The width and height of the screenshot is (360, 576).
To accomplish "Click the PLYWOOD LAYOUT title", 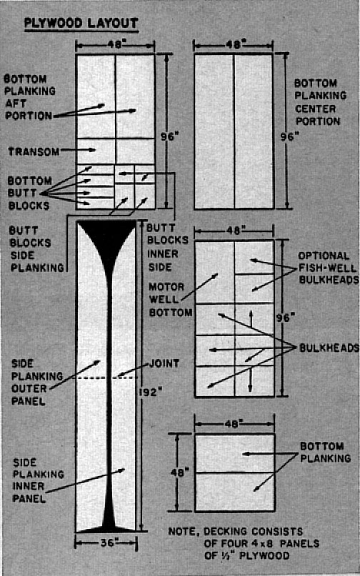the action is (81, 24).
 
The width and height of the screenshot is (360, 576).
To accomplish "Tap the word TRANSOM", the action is (34, 151).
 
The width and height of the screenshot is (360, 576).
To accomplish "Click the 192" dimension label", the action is (151, 393).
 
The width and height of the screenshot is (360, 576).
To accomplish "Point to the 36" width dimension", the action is (107, 542).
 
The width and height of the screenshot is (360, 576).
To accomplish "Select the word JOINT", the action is (164, 363).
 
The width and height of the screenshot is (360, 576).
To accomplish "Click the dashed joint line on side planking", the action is (106, 378).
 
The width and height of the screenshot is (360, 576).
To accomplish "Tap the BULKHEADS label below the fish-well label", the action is (329, 348).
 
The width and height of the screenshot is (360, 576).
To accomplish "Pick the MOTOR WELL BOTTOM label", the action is (170, 299).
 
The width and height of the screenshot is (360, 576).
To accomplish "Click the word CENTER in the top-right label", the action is (316, 108).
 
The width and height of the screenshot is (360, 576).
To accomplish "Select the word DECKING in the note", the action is (226, 532).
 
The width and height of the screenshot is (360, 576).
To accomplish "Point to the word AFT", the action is (16, 103).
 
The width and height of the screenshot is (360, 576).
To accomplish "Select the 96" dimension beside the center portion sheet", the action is (289, 136).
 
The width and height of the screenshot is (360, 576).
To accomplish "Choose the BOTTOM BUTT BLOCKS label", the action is (29, 193).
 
